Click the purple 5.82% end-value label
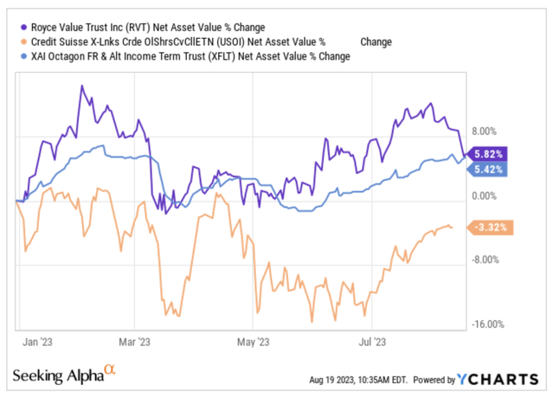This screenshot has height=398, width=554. (486, 153)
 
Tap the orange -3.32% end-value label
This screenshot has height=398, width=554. (492, 228)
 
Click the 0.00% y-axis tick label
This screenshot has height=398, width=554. (489, 196)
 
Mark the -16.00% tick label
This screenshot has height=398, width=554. (489, 324)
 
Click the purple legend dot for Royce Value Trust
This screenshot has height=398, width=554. (23, 26)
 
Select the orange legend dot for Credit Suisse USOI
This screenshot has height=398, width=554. (23, 42)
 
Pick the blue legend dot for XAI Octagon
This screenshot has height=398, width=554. (23, 57)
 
